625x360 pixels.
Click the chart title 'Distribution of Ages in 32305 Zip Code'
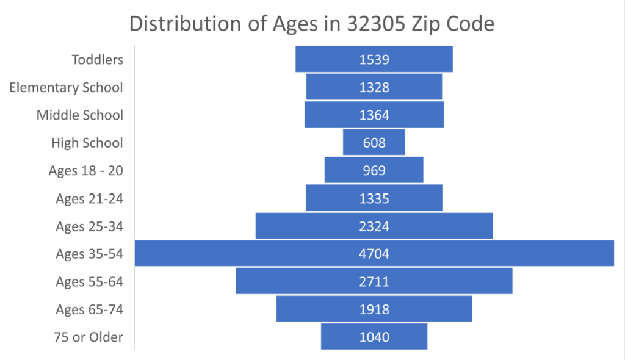(x=312, y=24)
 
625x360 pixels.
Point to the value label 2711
(x=374, y=281)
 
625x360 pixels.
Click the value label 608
(x=374, y=143)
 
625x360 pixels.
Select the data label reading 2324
(x=374, y=226)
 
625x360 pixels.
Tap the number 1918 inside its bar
(x=374, y=309)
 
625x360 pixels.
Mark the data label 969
(x=374, y=170)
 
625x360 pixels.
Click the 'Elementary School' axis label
(x=66, y=87)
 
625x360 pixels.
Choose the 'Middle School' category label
(x=79, y=115)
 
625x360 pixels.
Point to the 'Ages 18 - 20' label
(x=85, y=170)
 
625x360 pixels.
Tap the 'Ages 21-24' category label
(x=89, y=198)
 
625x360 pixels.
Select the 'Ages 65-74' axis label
(x=89, y=309)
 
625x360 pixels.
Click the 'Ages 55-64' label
(x=89, y=281)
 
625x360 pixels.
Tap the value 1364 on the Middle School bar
(x=374, y=115)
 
